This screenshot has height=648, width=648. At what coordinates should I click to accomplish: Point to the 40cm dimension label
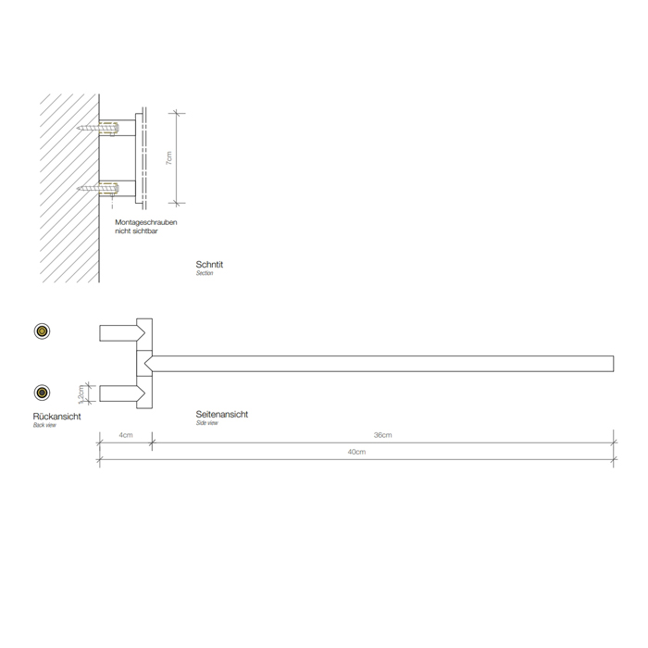[x=356, y=452]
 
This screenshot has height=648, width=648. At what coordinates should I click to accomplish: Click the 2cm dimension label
[x=81, y=393]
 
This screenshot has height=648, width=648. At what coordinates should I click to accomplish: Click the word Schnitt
[x=210, y=265]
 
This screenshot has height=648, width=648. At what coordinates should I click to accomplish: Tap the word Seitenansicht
[x=222, y=414]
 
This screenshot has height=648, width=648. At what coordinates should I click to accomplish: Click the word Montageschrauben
[x=146, y=224]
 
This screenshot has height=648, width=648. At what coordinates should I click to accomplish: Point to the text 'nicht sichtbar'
[x=137, y=232]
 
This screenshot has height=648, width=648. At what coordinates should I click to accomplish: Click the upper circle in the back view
[x=42, y=331]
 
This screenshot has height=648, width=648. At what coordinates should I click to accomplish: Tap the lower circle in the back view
[x=42, y=392]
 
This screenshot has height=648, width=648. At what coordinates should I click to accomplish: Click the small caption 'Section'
[x=205, y=273]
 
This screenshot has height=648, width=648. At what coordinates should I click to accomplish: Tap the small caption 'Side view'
[x=207, y=422]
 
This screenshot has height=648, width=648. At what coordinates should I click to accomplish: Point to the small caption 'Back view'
[x=45, y=425]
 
